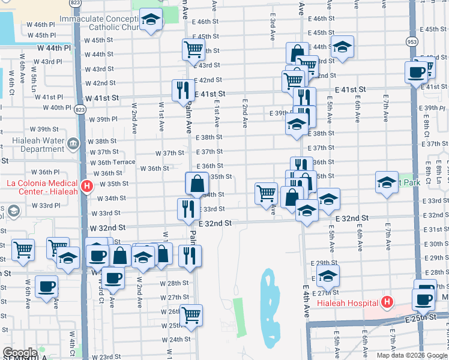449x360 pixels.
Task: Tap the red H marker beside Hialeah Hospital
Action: click(388, 302)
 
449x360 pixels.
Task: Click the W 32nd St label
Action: click(107, 228)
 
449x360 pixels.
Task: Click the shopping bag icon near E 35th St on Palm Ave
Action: click(197, 183)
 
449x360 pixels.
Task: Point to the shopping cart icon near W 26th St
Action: click(191, 314)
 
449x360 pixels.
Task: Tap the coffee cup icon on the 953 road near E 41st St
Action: click(416, 73)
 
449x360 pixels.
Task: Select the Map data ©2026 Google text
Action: click(412, 355)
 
